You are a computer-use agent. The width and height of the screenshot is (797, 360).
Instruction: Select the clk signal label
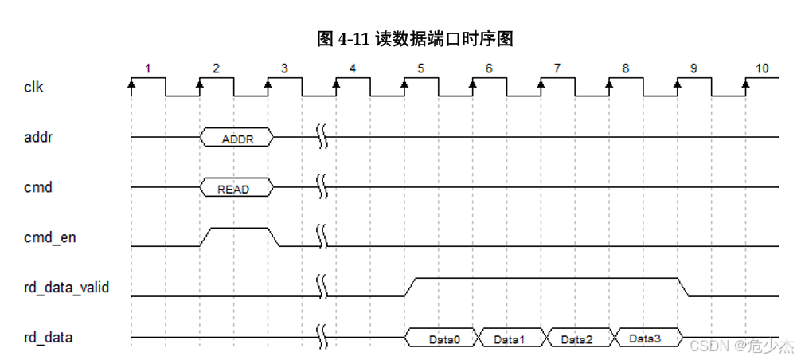tap(33, 87)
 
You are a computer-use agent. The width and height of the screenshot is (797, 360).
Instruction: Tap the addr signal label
tap(37, 137)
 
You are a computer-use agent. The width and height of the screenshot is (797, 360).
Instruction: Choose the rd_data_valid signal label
tap(66, 288)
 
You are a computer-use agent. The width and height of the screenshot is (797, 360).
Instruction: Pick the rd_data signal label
tap(49, 338)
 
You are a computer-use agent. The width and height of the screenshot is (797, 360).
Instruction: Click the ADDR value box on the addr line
tap(236, 138)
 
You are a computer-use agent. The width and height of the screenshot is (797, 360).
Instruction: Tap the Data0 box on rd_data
tap(443, 338)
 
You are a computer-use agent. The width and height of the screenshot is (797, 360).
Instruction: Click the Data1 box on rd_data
tap(510, 338)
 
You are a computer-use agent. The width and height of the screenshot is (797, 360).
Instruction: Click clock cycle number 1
tap(147, 68)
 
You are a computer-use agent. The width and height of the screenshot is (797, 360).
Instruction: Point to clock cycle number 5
tap(420, 68)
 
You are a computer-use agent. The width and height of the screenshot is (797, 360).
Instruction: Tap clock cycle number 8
tap(625, 68)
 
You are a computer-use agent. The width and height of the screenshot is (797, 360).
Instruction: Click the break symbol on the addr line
tap(322, 137)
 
